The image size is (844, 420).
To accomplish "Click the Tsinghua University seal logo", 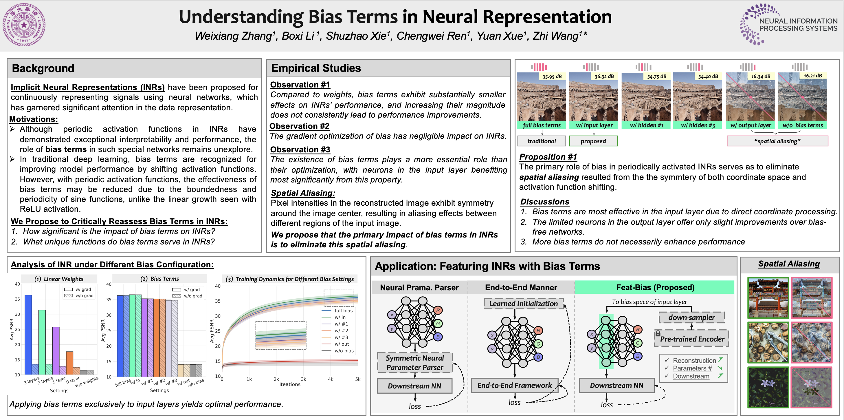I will pyautogui.click(x=24, y=25).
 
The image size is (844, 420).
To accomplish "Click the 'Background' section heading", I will pyautogui.click(x=43, y=68).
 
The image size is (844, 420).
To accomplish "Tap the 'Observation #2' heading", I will pyautogui.click(x=299, y=126).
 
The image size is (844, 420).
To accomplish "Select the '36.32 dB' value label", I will pyautogui.click(x=604, y=76).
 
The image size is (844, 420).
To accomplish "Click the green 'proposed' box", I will pyautogui.click(x=593, y=141).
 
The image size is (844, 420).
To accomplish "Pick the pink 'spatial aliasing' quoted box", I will pyautogui.click(x=777, y=141).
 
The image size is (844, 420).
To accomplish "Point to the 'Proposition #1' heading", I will pyautogui.click(x=548, y=157).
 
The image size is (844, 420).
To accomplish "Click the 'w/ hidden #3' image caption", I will pyautogui.click(x=698, y=125).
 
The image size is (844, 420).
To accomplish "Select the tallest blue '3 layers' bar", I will pyautogui.click(x=28, y=335).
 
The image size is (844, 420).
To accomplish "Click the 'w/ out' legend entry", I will pyautogui.click(x=342, y=344).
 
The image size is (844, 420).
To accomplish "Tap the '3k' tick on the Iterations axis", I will pyautogui.click(x=303, y=379).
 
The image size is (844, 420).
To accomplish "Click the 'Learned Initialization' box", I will pyautogui.click(x=523, y=304).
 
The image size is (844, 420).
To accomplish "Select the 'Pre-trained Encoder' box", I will pyautogui.click(x=692, y=339).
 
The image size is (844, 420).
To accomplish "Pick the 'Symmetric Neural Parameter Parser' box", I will pyautogui.click(x=414, y=363).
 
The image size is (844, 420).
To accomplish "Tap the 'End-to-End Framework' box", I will pyautogui.click(x=514, y=386).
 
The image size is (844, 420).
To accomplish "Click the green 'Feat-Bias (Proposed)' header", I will pyautogui.click(x=655, y=288).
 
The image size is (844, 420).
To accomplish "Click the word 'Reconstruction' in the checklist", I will pyautogui.click(x=694, y=360).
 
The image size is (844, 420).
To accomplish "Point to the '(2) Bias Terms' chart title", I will pyautogui.click(x=159, y=279).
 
